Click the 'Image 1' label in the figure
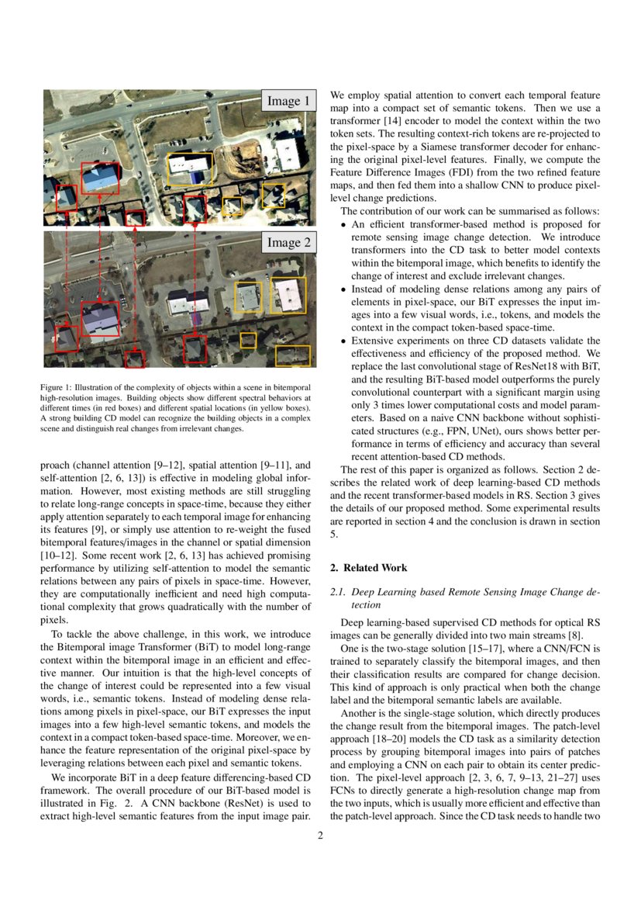point(288,101)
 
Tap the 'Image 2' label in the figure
point(288,243)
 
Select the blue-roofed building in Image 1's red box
point(99,179)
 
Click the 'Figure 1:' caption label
point(57,387)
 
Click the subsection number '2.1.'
point(337,592)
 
